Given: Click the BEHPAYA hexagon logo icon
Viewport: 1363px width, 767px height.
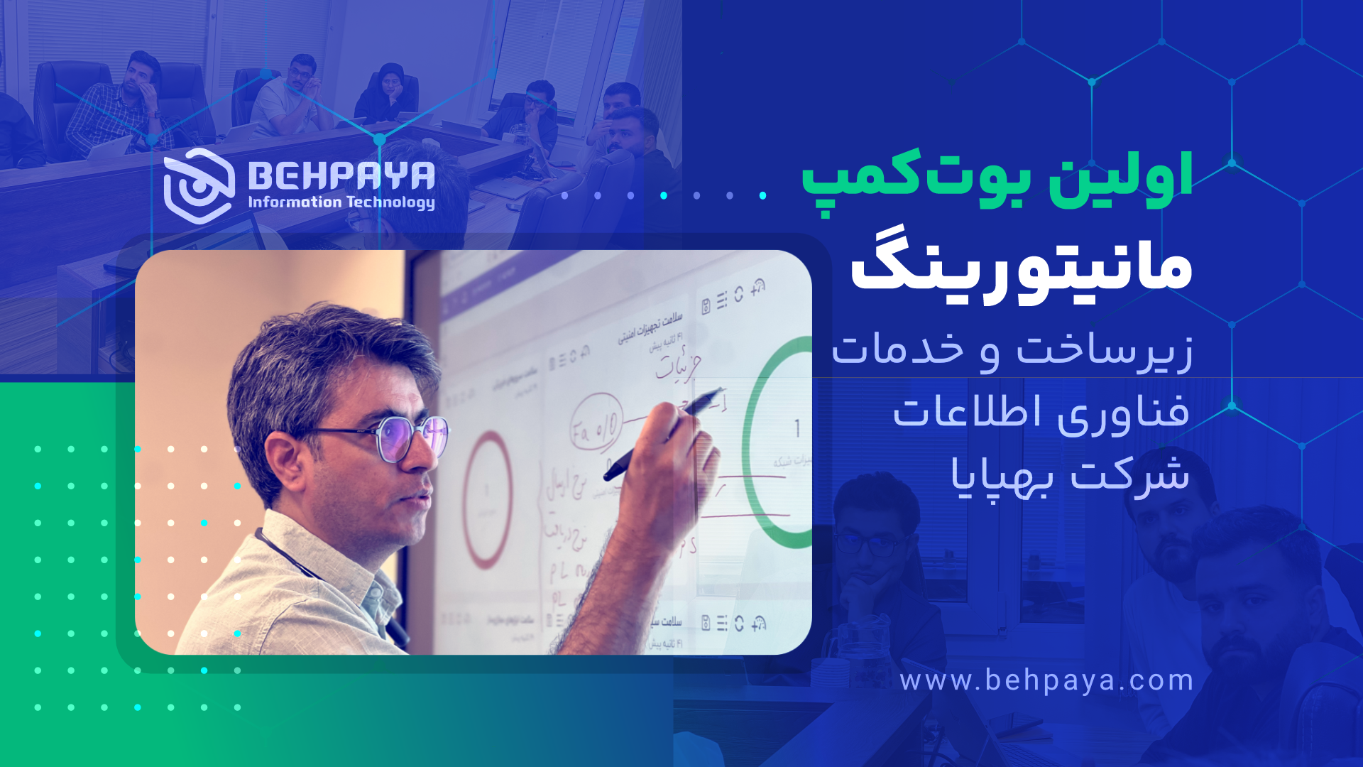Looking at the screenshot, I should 199,185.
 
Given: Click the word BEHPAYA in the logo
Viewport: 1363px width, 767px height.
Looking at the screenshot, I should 341,175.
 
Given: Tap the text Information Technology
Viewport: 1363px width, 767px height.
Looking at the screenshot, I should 341,202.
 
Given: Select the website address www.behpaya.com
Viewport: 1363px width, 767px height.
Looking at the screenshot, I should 1046,680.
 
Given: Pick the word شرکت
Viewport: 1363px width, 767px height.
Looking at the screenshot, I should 1129,474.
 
